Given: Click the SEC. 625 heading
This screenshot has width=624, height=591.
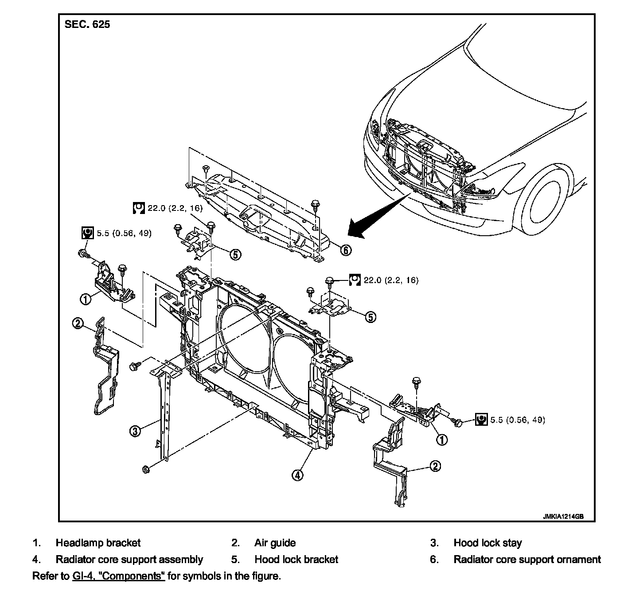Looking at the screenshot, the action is (x=87, y=24).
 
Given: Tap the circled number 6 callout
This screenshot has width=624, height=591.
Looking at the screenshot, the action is (x=346, y=250).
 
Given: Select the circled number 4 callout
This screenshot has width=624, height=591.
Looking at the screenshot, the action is (x=297, y=475).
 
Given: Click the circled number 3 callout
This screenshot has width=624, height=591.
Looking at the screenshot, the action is (x=135, y=432).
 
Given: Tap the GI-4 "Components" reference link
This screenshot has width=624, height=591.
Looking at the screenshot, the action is (x=118, y=576).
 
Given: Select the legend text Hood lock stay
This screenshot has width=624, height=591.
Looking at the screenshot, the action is (x=487, y=543).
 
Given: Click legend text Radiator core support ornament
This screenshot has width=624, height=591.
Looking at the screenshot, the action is (x=527, y=559).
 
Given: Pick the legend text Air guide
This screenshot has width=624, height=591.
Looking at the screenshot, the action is (x=275, y=543).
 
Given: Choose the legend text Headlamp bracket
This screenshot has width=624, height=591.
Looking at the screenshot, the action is (x=98, y=543).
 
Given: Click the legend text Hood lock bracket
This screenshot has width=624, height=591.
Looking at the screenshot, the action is (x=296, y=559).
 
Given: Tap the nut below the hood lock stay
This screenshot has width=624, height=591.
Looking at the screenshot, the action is (x=146, y=469).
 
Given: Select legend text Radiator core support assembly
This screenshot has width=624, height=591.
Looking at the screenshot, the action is (x=129, y=559).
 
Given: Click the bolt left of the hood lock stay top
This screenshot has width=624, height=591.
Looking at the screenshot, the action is (x=133, y=366).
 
